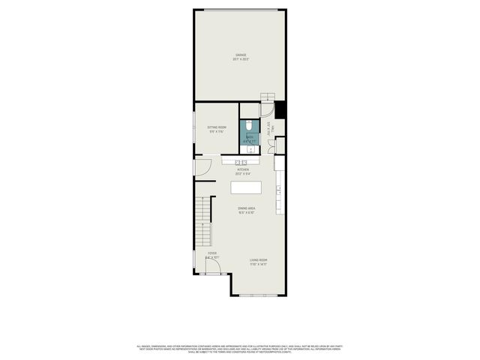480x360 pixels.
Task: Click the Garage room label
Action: (241, 56)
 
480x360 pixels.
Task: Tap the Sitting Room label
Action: (217, 130)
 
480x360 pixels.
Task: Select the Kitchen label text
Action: (243, 171)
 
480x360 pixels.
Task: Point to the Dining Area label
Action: (247, 210)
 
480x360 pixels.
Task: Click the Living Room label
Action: (258, 262)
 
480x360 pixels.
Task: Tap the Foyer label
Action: (212, 255)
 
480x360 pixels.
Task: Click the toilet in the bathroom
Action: (248, 127)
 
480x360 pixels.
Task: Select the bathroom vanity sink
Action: (250, 147)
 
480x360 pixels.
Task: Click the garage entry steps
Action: (268, 97)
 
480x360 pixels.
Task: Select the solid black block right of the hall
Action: (280, 110)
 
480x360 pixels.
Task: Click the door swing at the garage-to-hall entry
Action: (267, 109)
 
